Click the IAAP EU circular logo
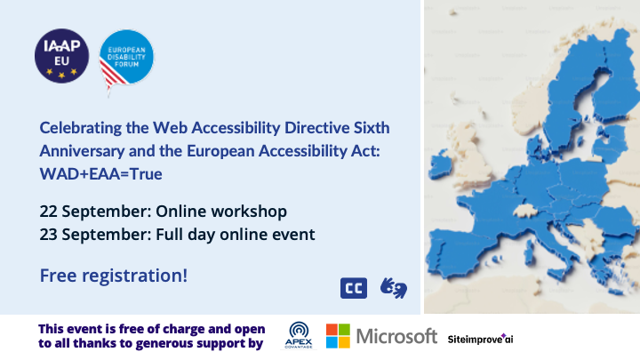(61, 56)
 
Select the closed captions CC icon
(354, 288)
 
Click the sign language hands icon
(394, 288)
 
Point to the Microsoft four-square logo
(338, 336)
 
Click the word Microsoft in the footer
(396, 336)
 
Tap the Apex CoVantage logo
(299, 335)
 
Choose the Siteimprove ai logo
(480, 339)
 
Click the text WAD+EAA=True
(100, 174)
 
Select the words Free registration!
(114, 276)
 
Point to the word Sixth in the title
(372, 128)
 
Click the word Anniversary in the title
(82, 151)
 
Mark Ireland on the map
(440, 164)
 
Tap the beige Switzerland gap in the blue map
(525, 211)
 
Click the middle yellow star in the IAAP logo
(61, 75)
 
